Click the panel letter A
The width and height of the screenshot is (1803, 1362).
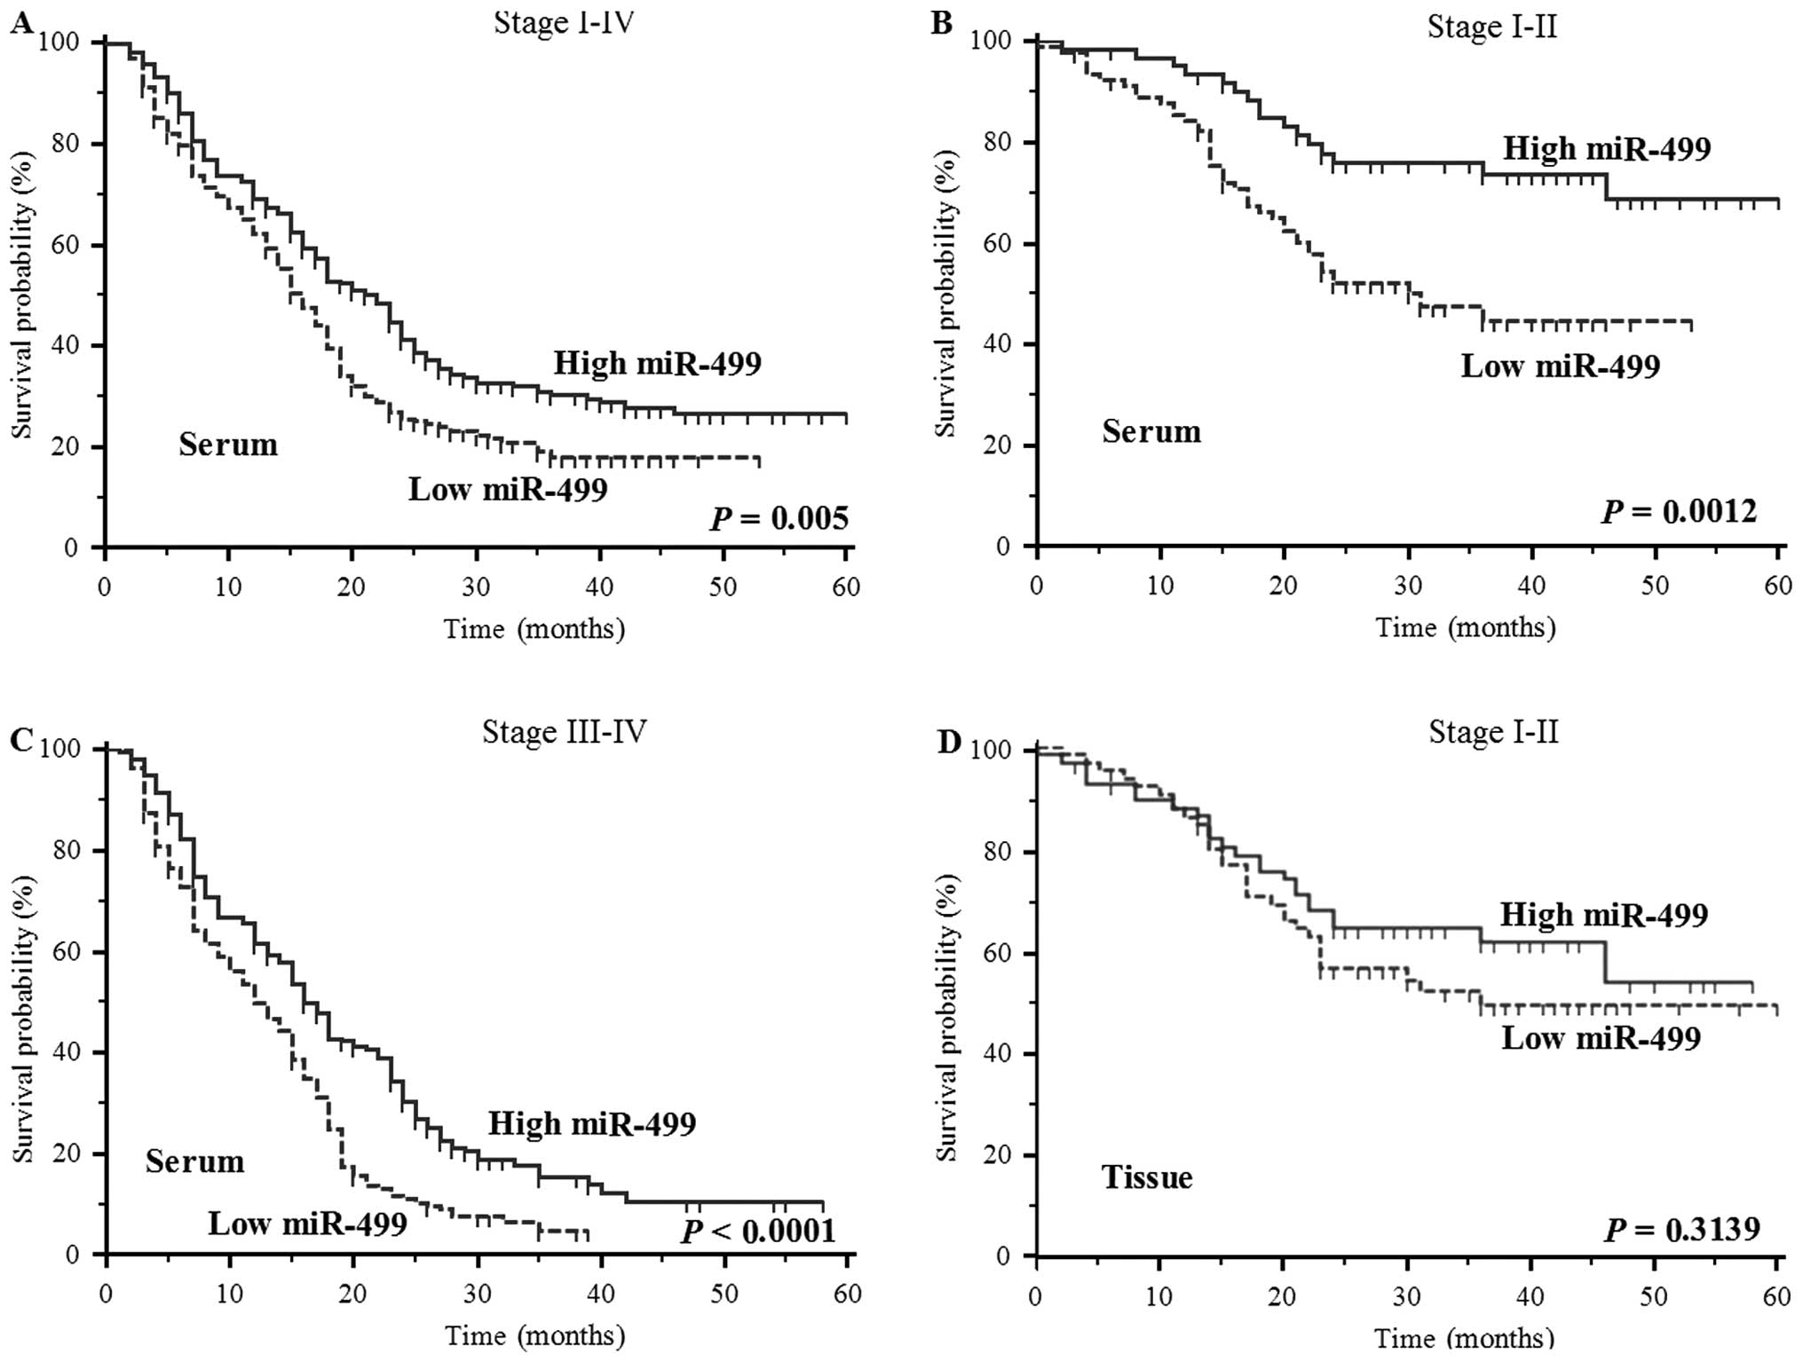[21, 23]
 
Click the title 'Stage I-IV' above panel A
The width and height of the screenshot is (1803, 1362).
[564, 22]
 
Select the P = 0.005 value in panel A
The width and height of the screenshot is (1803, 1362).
[779, 518]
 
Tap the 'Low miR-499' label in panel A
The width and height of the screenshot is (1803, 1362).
[508, 490]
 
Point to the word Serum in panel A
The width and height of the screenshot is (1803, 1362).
[228, 445]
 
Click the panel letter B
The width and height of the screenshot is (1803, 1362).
[941, 23]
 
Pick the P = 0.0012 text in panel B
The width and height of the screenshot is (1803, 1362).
[1680, 512]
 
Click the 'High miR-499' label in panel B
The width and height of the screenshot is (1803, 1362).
[1607, 148]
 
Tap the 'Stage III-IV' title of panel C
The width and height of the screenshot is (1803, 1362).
[565, 731]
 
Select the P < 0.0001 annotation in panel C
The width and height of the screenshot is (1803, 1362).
[758, 1232]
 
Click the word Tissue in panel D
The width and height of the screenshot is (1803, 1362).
[1147, 1177]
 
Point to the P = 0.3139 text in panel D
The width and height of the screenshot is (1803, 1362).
[1681, 1229]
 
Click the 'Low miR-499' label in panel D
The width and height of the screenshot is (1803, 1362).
[1601, 1038]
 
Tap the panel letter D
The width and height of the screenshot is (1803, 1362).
[949, 742]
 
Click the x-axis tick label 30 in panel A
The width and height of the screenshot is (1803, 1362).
[476, 587]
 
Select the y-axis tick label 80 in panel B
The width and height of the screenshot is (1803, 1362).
[1002, 143]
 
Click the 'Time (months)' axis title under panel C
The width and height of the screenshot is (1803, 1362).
[534, 1335]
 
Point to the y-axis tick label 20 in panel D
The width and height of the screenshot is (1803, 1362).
[1002, 1155]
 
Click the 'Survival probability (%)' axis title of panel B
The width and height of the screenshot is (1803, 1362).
[947, 294]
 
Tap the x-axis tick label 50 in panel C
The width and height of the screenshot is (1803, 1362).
[724, 1294]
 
